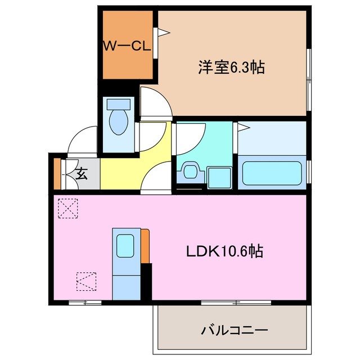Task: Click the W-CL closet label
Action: click(127, 47)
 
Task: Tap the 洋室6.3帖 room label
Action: click(231, 67)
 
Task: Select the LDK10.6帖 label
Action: click(225, 251)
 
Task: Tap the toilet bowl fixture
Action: click(118, 121)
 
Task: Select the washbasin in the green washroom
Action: click(188, 170)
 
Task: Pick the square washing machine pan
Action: click(218, 177)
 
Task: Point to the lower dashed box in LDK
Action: click(85, 281)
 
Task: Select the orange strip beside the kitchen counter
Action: click(145, 246)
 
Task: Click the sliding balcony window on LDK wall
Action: click(236, 303)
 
